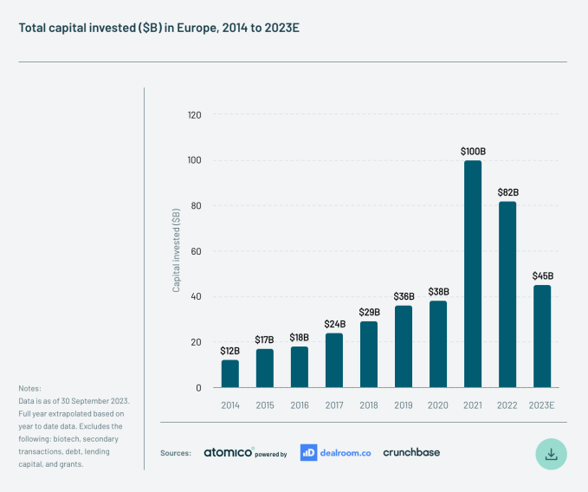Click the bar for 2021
[x=473, y=274]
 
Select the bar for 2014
[x=230, y=373]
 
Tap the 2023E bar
[x=542, y=336]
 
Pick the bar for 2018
[x=369, y=354]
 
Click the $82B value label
[x=507, y=192]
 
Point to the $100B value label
[x=473, y=152]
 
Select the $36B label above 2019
[x=404, y=296]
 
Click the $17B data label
[x=265, y=340]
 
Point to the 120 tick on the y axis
[x=194, y=115]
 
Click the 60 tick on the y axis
[x=196, y=251]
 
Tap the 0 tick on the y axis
[x=198, y=387]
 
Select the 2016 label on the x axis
[x=300, y=405]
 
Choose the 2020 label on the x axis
[x=438, y=405]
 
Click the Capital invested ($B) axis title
[x=177, y=249]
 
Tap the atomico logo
[x=229, y=452]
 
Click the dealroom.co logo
[x=335, y=452]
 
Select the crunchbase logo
[x=411, y=452]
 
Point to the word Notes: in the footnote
[x=29, y=388]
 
